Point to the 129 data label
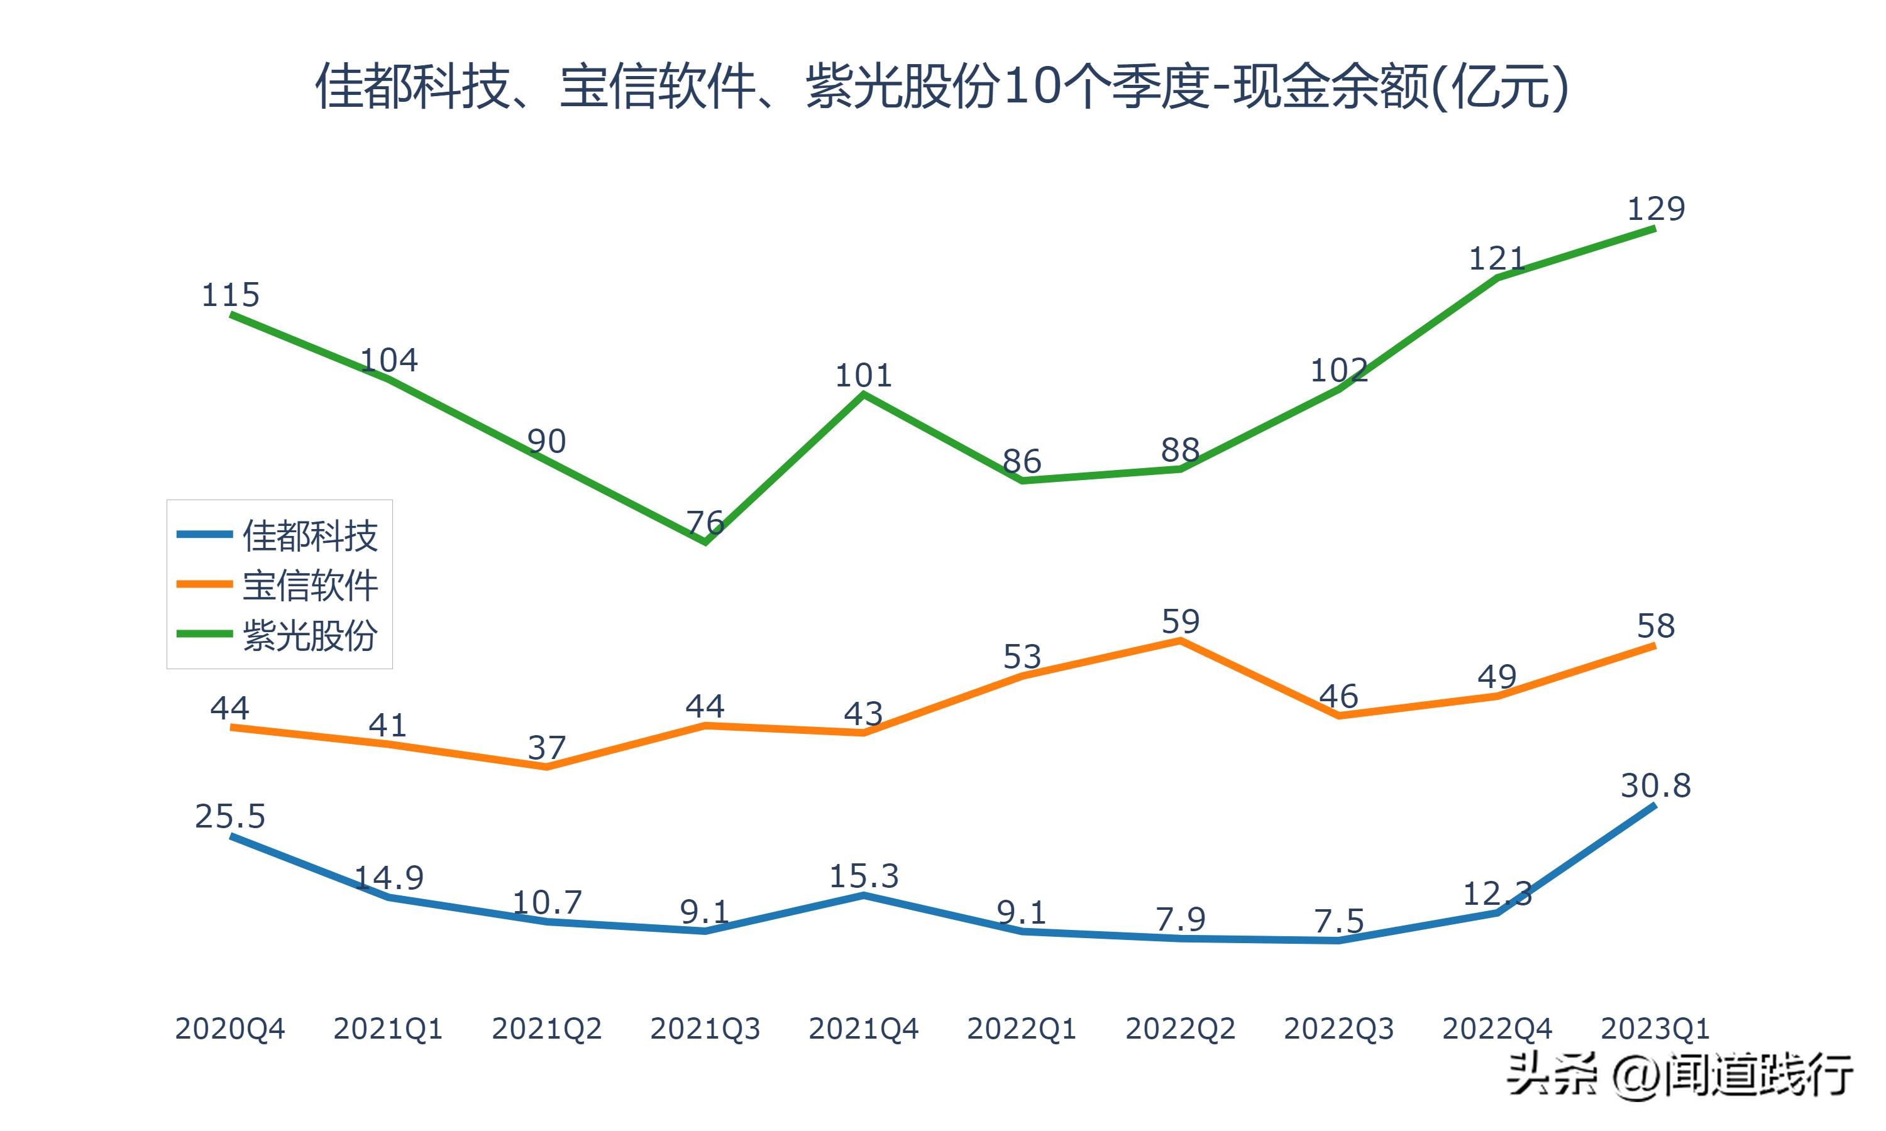[1656, 209]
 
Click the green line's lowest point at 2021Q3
[705, 542]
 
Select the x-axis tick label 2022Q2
[1180, 1029]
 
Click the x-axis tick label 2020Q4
[229, 1029]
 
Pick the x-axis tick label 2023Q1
[1655, 1029]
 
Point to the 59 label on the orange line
[1180, 622]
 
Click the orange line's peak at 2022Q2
[1180, 641]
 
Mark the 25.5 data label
[229, 816]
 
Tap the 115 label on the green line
[229, 295]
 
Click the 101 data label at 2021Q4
[863, 376]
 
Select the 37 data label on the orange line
[546, 748]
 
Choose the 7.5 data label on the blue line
[1338, 921]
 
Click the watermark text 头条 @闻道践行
[1679, 1075]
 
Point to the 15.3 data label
[863, 877]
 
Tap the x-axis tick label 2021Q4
[863, 1029]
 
